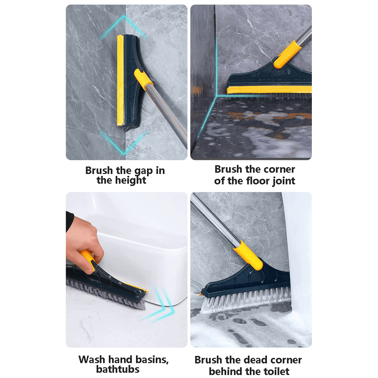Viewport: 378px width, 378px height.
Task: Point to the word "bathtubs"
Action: pos(118,369)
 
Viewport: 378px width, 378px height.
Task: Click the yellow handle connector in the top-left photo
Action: pos(144,79)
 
